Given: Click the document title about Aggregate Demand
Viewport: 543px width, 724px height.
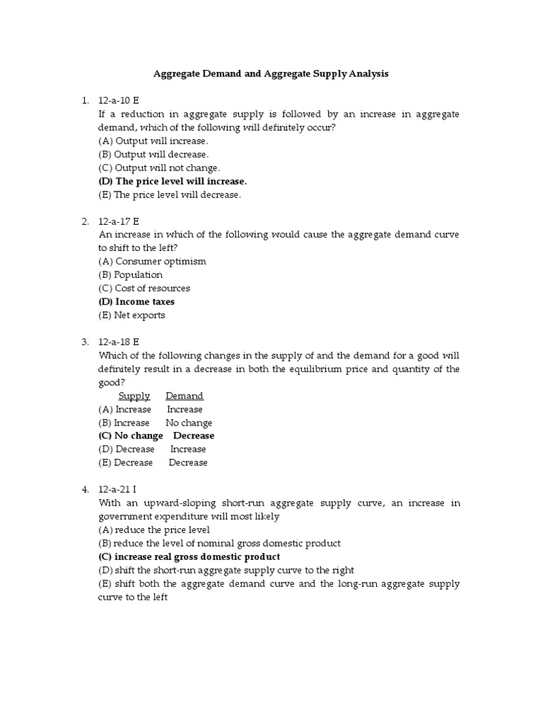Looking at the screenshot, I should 271,74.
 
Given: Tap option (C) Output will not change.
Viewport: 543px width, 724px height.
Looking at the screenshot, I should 159,168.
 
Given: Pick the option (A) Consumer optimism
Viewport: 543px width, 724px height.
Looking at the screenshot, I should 152,261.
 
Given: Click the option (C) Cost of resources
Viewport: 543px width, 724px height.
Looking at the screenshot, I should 144,288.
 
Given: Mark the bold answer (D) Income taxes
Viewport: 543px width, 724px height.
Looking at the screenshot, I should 136,302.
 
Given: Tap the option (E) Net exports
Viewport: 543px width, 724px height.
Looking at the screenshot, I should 132,315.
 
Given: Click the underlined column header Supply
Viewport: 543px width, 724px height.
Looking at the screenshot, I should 134,396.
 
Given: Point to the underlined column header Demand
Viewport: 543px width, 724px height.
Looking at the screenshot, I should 185,396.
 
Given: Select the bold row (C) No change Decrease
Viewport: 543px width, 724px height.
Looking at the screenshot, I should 156,436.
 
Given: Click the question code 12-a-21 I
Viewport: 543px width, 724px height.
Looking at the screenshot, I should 118,489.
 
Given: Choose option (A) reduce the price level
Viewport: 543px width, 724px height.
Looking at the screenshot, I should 153,530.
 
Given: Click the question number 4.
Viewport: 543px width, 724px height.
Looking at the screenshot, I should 85,489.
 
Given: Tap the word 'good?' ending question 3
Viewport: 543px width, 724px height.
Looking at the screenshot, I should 112,382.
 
